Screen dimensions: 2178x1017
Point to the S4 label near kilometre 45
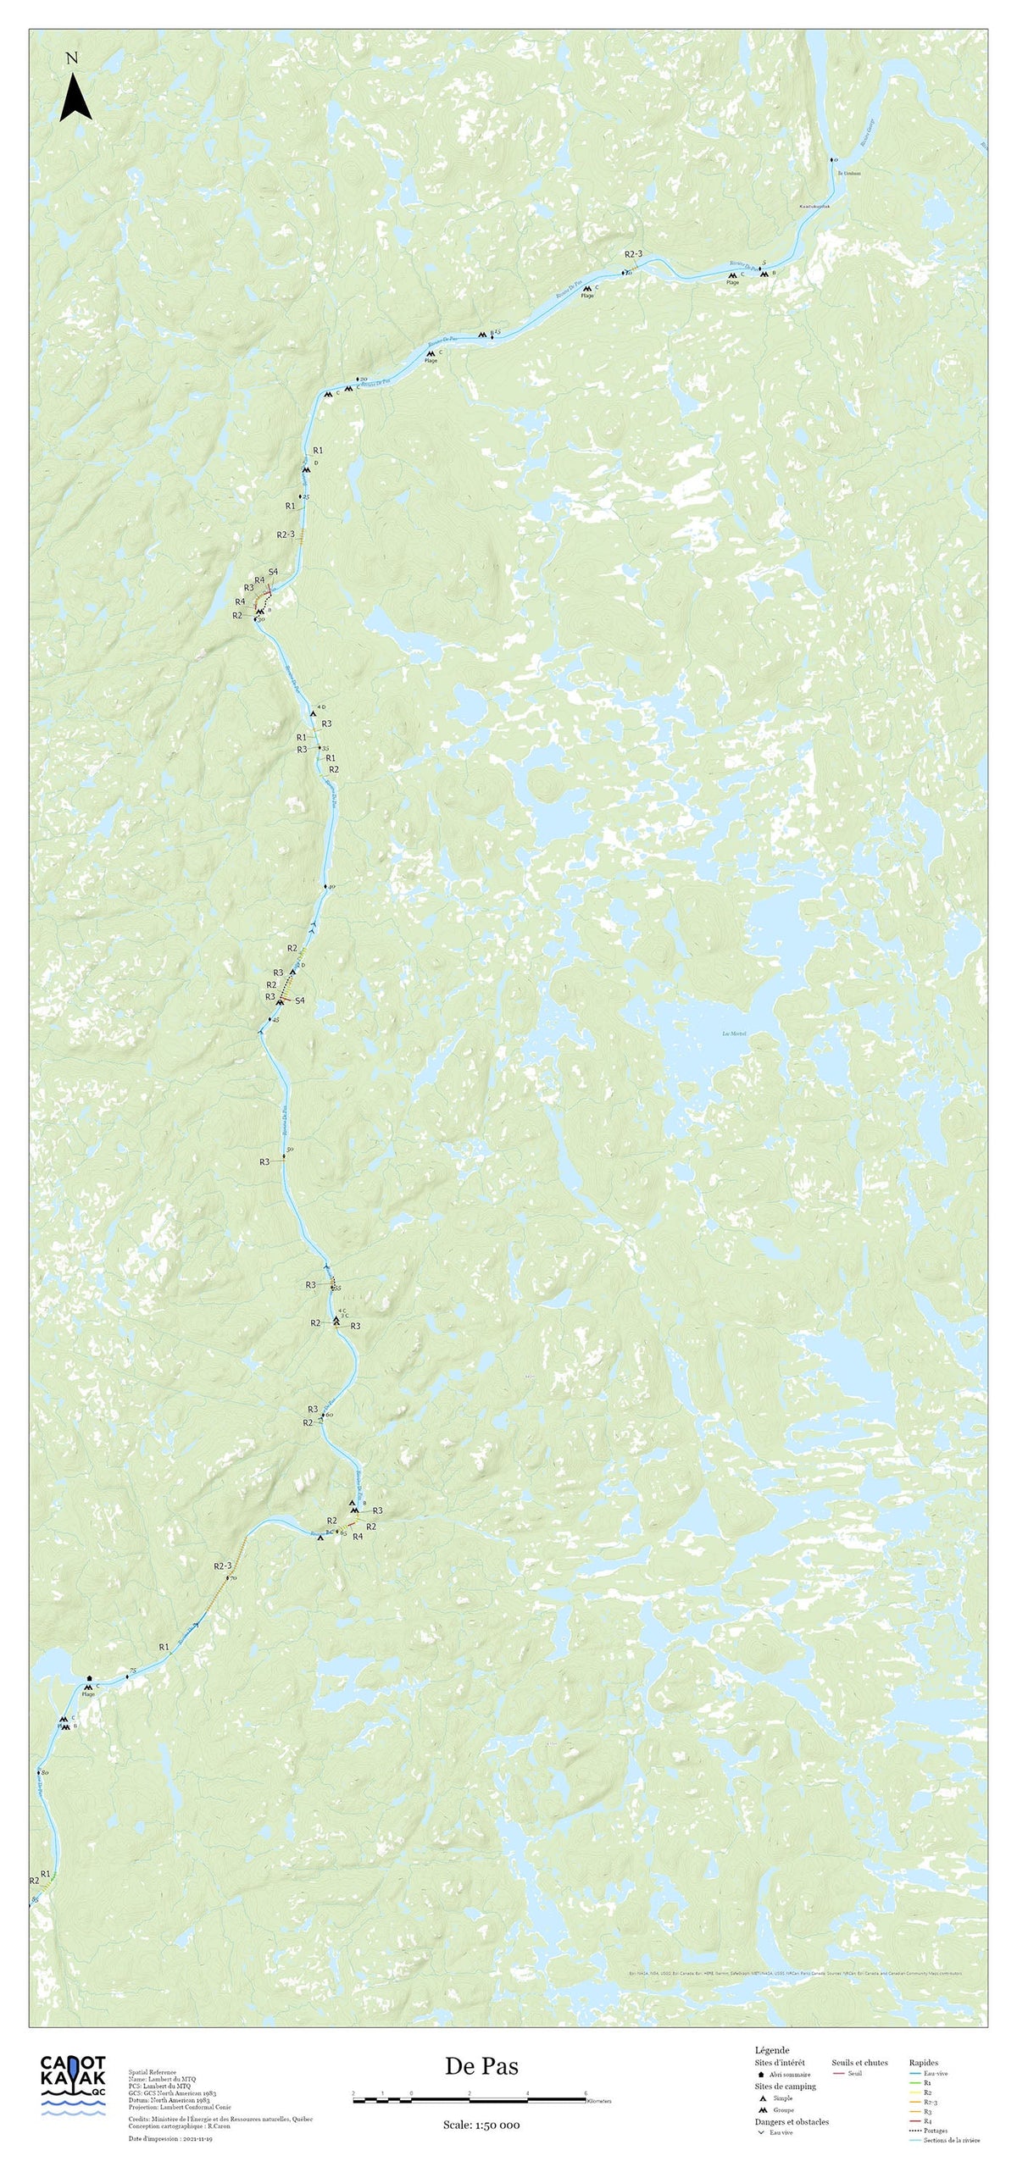299,1000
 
